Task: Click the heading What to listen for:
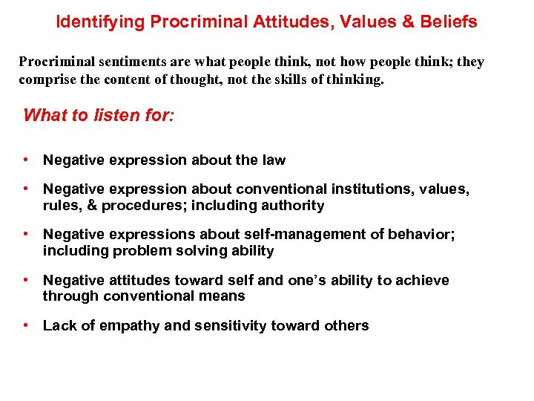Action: pos(99,115)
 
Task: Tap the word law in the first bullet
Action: pos(272,160)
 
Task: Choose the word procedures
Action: pos(137,205)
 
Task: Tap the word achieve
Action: pos(422,280)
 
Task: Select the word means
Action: pos(224,296)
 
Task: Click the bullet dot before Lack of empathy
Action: pos(26,325)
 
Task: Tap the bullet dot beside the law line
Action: pos(26,160)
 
